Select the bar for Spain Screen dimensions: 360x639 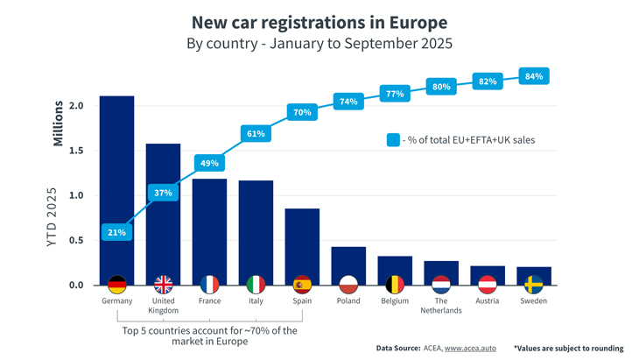coord(302,245)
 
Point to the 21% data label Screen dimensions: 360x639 coord(116,232)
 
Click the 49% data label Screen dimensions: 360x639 coord(209,164)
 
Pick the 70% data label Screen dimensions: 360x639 coord(302,112)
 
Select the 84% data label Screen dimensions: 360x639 coord(534,77)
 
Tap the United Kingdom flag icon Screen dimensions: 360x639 coord(163,285)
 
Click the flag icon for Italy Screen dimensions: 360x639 coord(256,285)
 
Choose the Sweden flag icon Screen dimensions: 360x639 coord(534,285)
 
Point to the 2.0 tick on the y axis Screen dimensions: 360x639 coord(76,106)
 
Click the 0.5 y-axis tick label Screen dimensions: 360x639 coord(76,240)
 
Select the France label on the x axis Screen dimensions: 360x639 coord(209,301)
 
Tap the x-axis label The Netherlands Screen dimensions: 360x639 coord(441,306)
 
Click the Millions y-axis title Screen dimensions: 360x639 coord(59,123)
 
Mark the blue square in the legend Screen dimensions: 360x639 coord(393,139)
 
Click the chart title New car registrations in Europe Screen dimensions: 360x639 coord(319,22)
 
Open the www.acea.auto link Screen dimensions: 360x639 coord(469,349)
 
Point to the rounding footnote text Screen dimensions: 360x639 coord(568,349)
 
